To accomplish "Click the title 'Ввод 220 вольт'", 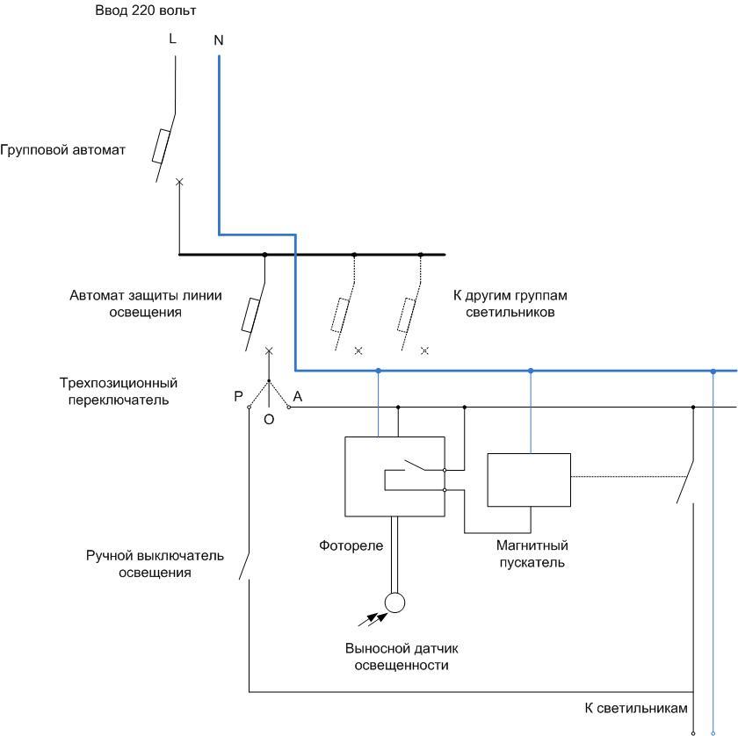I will (x=144, y=11).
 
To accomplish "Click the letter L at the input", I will (x=172, y=40).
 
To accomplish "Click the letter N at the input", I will (x=219, y=40).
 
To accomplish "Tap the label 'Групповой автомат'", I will (x=62, y=150).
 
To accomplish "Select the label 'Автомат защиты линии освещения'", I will (x=126, y=303).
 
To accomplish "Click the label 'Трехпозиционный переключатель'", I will (x=119, y=392).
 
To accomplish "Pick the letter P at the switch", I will (x=238, y=397).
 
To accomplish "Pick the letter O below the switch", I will (x=269, y=420).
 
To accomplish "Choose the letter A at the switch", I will (x=298, y=397).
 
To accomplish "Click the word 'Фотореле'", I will (x=351, y=546).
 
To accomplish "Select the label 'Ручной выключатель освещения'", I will (x=156, y=565).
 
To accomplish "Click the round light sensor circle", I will (x=394, y=603).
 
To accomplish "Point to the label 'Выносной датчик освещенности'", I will (x=402, y=657).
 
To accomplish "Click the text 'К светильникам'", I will (x=636, y=708).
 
